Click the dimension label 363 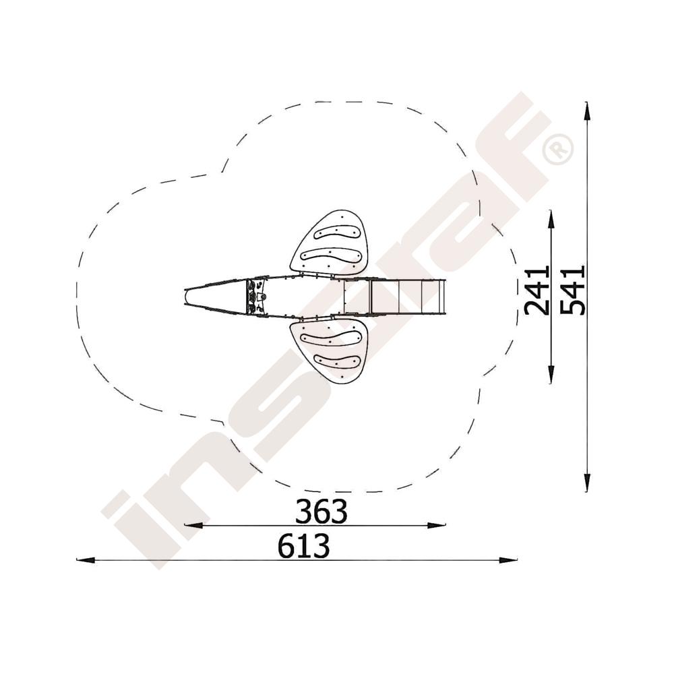tap(321, 512)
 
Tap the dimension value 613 tap(303, 546)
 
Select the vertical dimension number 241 tap(537, 290)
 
